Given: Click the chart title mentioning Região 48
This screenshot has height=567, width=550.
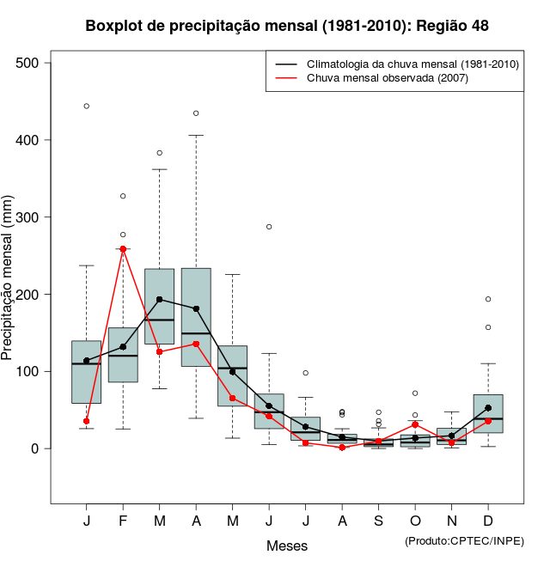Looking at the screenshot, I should coord(287,26).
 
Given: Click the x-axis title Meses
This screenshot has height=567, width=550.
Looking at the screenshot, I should coord(287,546).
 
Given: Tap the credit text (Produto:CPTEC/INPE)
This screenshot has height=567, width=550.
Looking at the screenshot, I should coord(464,540).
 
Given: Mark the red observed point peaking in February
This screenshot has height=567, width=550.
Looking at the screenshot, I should coord(123,249).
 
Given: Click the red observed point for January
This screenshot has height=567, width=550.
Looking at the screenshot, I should coord(87,421).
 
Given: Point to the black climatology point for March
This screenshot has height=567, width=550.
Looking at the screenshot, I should coord(160,300).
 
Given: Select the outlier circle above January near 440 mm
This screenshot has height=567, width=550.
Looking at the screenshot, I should coord(87,107).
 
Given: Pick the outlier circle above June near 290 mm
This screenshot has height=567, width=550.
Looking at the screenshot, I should coord(269,227).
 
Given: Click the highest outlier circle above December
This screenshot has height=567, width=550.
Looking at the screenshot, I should coord(488,299).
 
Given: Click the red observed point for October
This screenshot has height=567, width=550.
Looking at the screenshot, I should coord(415,424).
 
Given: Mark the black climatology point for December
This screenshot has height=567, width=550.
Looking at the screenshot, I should coord(488,408).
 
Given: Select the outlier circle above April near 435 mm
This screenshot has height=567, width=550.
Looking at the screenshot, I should coord(196,113).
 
